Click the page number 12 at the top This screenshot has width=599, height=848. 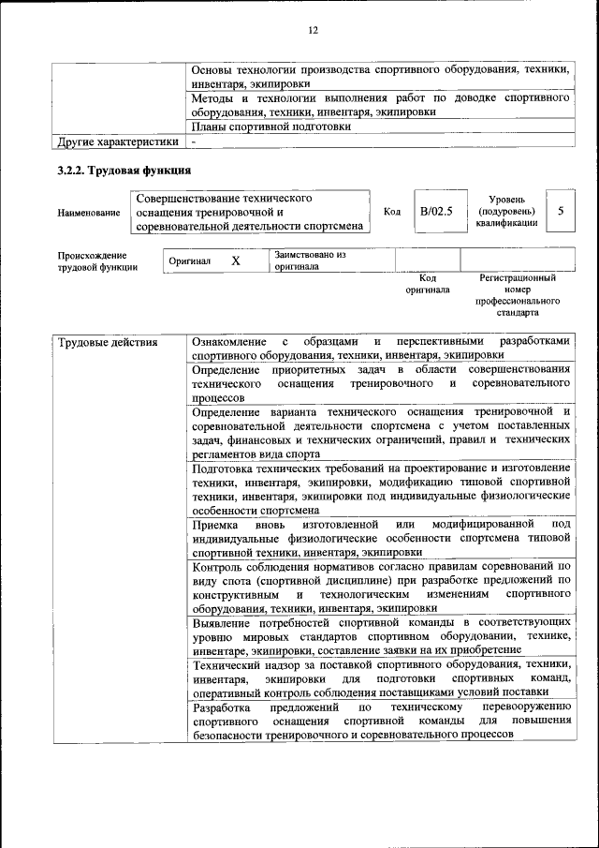pos(313,30)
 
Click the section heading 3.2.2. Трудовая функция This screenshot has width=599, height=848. pos(124,171)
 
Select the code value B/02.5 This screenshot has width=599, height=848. pos(436,212)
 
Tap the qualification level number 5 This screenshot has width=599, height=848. pos(560,212)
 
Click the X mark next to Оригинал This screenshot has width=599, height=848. pos(236,260)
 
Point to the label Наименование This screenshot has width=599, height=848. pos(89,213)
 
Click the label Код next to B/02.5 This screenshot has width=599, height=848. pos(392,212)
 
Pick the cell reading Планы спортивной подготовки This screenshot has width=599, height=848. pos(271,126)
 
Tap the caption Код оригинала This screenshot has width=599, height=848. pos(428,284)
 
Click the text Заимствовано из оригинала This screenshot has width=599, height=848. pos(310,260)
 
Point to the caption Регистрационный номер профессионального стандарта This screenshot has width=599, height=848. pos(518,296)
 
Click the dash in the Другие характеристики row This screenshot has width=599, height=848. pos(193,142)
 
